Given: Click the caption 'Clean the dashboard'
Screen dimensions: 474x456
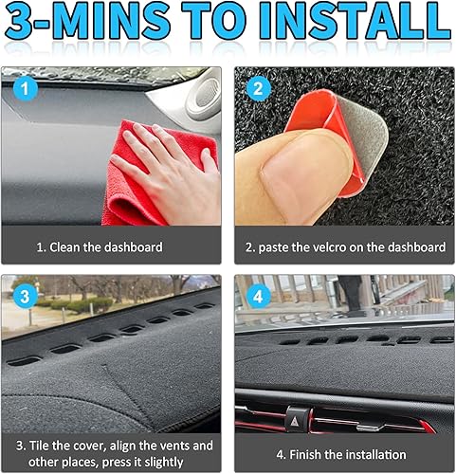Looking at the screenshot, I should click(100, 246).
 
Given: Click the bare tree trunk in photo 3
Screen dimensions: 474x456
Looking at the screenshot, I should click(174, 284).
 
